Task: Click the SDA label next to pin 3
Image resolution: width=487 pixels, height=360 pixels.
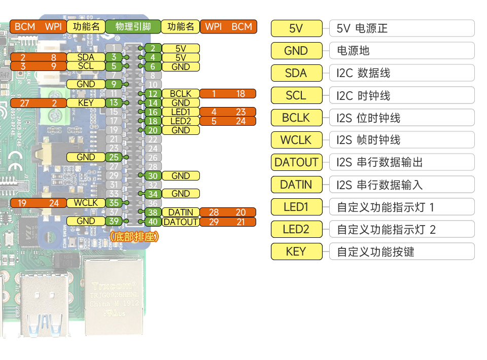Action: pos(86,57)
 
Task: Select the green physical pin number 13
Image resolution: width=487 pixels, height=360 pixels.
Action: pos(114,103)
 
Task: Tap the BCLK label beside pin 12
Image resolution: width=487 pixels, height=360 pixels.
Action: pos(181,94)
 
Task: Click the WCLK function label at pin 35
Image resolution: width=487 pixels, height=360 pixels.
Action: pos(86,203)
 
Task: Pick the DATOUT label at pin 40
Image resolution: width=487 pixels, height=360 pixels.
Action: pos(181,222)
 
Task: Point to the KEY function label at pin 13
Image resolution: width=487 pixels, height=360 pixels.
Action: pos(86,103)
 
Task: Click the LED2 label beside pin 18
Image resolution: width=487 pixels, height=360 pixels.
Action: pos(181,121)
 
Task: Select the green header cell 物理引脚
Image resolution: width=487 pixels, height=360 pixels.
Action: pos(133,27)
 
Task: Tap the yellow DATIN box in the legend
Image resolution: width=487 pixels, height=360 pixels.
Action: pos(296,185)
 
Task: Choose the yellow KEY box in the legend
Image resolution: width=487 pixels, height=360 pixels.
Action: pos(296,251)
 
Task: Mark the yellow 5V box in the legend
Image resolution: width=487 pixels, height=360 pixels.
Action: pos(296,28)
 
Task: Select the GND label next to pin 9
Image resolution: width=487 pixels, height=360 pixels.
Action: pos(86,84)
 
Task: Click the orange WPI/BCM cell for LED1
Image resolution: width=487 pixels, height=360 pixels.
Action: pos(228,112)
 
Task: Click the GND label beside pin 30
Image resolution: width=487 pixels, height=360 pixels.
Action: pos(181,176)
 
